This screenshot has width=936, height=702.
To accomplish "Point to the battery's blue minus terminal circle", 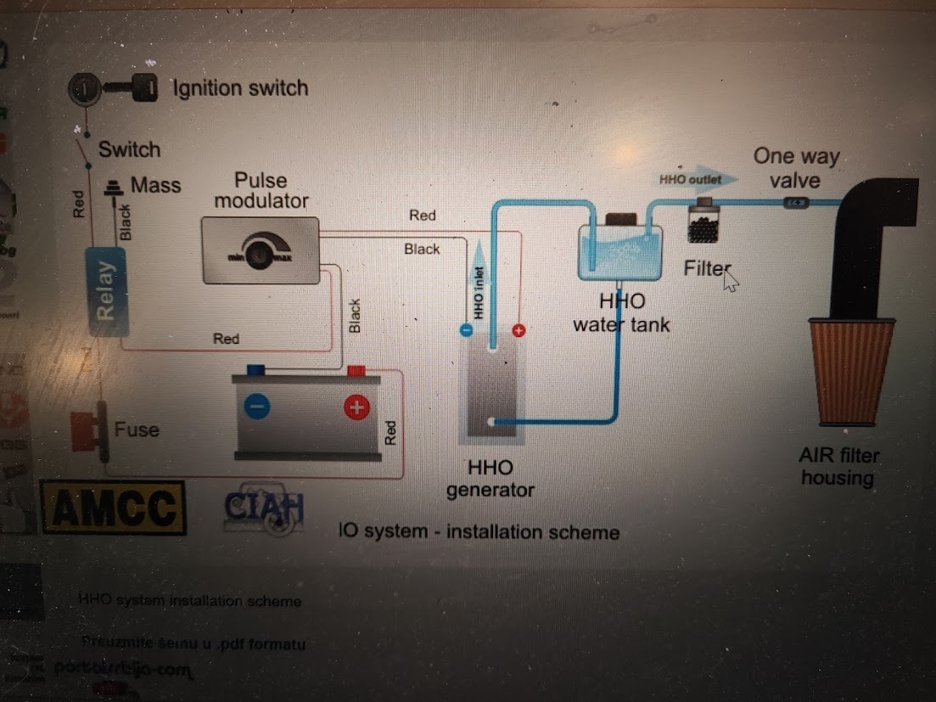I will tap(256, 407).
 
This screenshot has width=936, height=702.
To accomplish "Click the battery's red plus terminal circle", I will tap(357, 408).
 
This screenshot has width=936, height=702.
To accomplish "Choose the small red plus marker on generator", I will tap(519, 329).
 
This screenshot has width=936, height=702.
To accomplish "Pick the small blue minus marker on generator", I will tap(464, 330).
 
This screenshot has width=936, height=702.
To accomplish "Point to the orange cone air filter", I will tap(852, 371).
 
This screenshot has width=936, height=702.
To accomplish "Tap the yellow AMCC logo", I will tap(114, 507).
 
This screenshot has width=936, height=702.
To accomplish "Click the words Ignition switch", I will tap(240, 88).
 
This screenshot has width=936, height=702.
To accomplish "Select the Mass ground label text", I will tap(155, 185).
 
